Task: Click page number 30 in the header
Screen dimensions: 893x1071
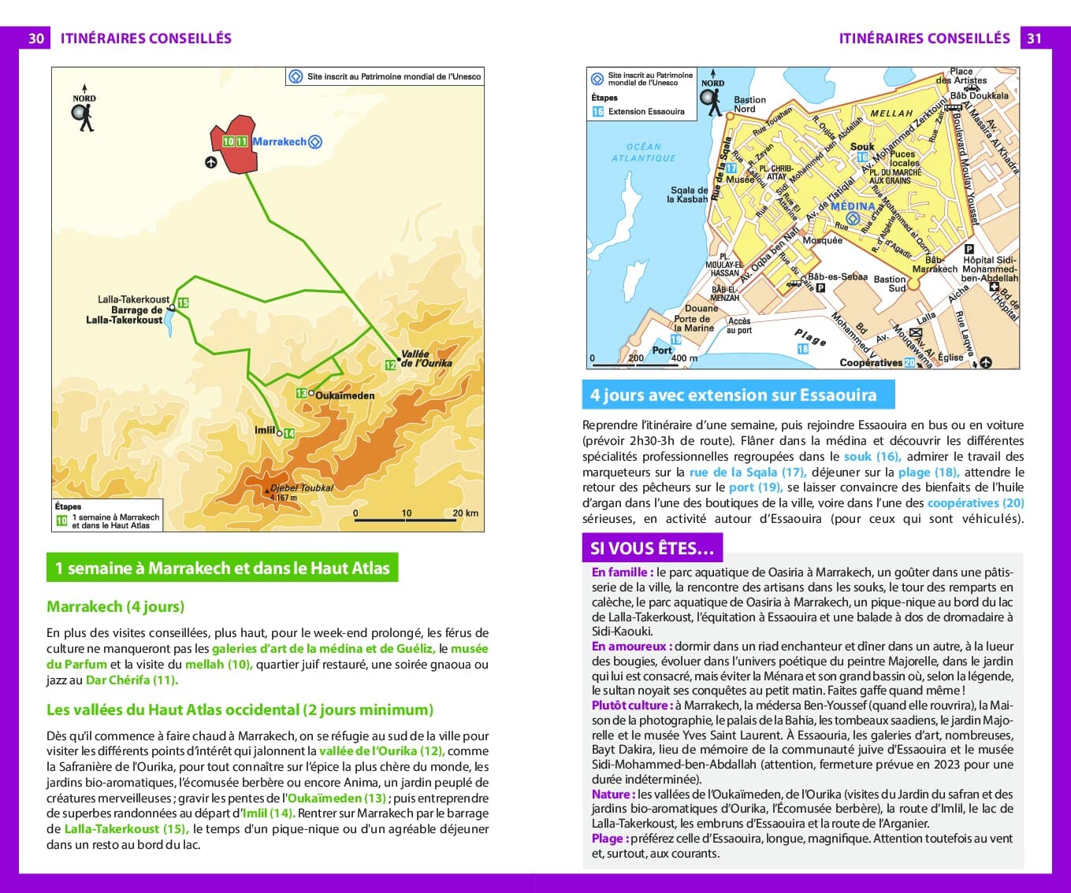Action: click(x=36, y=39)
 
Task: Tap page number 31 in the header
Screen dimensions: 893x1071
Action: click(x=1035, y=39)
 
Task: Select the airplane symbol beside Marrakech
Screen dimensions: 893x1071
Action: click(x=210, y=162)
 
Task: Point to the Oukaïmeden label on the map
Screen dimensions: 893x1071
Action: click(x=344, y=395)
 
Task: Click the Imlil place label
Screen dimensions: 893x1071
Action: click(x=265, y=430)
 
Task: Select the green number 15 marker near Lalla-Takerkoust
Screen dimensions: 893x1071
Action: click(x=183, y=303)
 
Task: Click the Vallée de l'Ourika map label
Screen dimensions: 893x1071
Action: click(x=426, y=359)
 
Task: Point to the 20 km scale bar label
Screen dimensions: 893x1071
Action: click(x=465, y=513)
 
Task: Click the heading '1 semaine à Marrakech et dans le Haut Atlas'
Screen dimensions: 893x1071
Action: click(x=222, y=569)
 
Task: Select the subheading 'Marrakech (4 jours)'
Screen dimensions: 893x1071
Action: click(x=115, y=606)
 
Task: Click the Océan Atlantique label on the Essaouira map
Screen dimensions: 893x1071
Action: click(x=644, y=152)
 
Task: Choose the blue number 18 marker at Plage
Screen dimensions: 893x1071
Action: click(x=802, y=349)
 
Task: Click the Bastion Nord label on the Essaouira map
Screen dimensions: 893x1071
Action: click(x=749, y=104)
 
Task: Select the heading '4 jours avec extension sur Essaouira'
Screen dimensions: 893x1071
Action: click(x=733, y=395)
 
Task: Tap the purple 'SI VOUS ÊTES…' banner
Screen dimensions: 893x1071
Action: click(x=652, y=548)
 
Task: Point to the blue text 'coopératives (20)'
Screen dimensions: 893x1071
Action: click(x=976, y=503)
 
